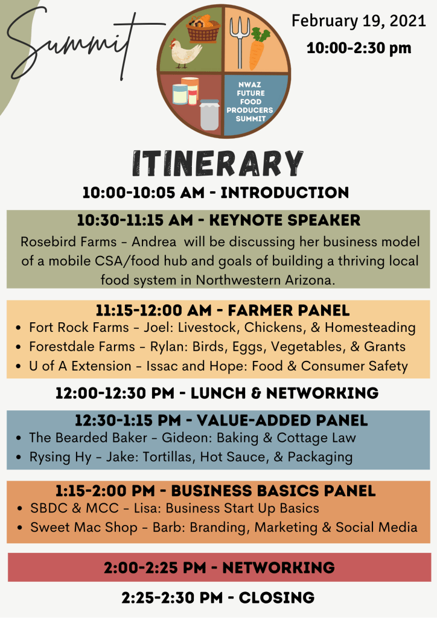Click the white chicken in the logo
(x=185, y=52)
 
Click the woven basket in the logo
(x=203, y=28)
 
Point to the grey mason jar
(x=209, y=115)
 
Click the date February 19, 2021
(x=359, y=21)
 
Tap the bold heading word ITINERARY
(x=218, y=163)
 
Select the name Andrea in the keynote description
(x=154, y=241)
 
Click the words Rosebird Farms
(x=69, y=241)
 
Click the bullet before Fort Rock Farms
(x=19, y=328)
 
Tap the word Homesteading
(x=370, y=328)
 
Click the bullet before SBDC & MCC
(x=20, y=509)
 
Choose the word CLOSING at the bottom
(x=276, y=598)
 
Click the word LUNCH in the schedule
(x=218, y=393)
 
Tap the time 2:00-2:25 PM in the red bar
(x=155, y=568)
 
